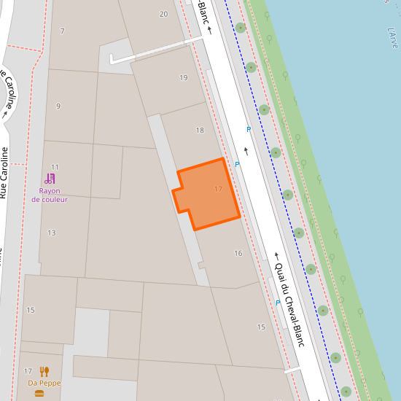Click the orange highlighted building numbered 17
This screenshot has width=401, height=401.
207,193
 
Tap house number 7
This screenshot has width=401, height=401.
63,31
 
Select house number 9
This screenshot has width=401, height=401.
58,106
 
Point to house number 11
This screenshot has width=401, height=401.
55,167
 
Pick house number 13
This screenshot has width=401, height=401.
52,233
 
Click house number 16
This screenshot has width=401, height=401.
238,253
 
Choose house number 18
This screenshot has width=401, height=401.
200,131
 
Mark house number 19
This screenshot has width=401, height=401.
183,78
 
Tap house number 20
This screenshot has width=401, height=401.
163,14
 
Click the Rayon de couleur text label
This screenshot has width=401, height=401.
50,195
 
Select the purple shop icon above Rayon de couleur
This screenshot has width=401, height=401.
50,178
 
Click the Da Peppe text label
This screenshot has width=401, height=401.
44,383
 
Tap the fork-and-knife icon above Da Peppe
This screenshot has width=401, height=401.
44,371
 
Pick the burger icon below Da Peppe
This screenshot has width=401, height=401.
39,394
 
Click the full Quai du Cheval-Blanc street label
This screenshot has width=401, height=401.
289,305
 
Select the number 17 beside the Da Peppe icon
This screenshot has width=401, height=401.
28,372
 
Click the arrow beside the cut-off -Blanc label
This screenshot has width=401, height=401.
209,31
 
